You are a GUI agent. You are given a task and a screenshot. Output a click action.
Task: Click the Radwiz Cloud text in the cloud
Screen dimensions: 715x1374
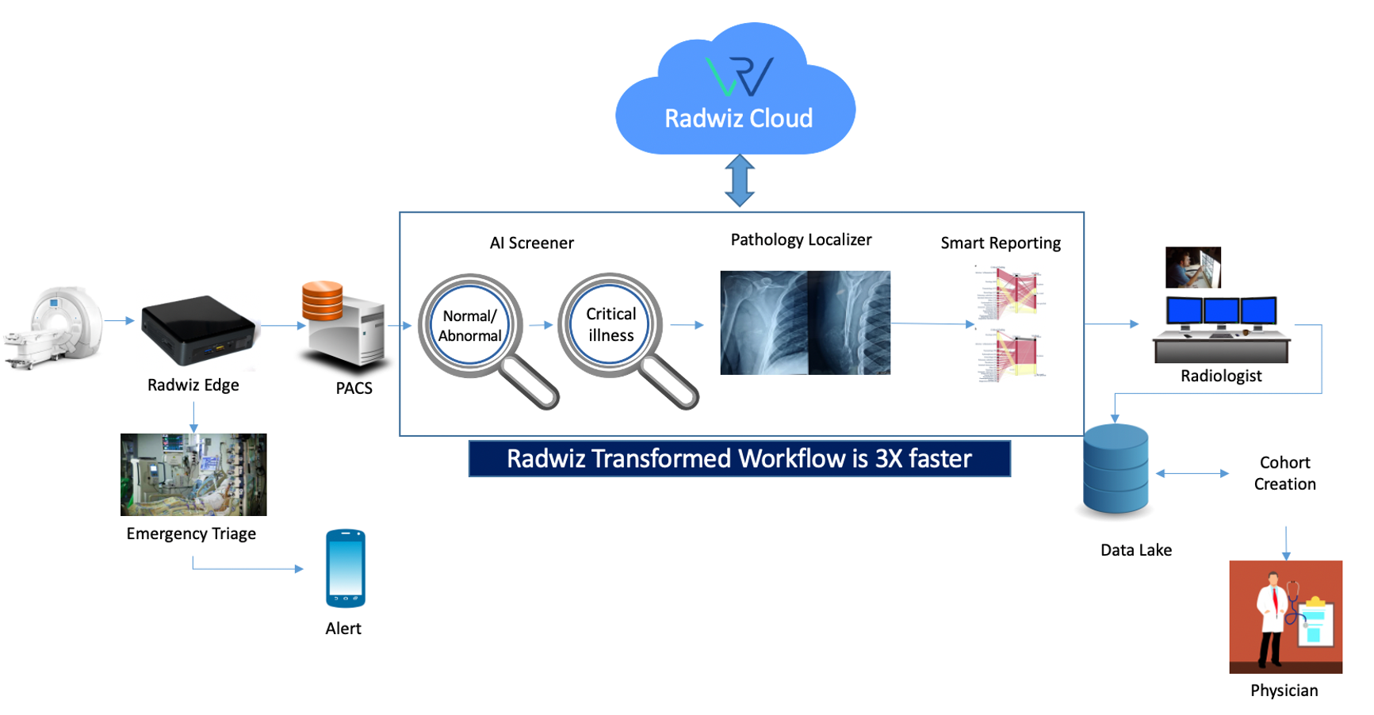click(738, 119)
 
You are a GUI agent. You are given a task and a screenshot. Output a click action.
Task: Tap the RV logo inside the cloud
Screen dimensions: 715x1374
click(739, 76)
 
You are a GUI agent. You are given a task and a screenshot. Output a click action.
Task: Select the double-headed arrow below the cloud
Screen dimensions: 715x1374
click(739, 181)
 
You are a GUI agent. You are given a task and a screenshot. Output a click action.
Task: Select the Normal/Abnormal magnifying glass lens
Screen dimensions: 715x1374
click(469, 325)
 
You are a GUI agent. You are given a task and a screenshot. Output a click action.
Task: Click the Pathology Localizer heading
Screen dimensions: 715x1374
click(801, 239)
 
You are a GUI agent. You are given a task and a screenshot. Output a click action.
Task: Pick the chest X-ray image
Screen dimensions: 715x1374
click(805, 323)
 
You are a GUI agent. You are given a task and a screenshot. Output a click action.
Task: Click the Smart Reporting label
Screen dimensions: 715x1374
click(1000, 243)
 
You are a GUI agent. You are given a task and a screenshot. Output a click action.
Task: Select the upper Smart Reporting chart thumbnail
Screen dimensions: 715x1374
click(1012, 292)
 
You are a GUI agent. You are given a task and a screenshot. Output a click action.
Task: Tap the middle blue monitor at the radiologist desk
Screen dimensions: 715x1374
click(1221, 311)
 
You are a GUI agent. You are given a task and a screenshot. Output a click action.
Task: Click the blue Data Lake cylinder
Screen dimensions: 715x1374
click(1116, 469)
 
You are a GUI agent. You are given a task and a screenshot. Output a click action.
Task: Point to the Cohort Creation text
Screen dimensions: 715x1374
click(1284, 473)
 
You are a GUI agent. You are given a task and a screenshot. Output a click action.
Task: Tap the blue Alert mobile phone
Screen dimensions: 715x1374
click(346, 568)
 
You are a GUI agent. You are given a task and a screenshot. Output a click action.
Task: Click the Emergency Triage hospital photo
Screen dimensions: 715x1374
click(193, 474)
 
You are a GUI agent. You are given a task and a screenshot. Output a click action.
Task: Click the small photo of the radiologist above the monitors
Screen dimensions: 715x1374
click(1192, 267)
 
